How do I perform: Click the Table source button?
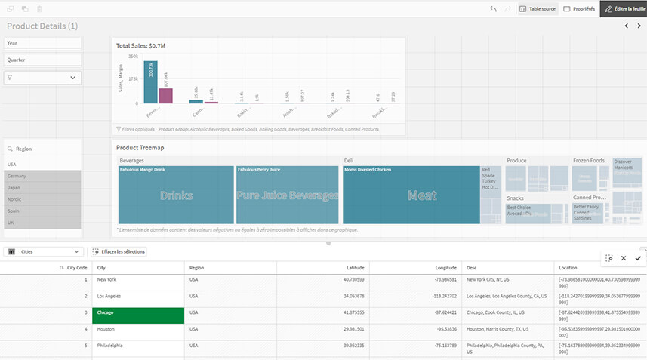537,8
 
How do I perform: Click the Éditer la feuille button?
624,8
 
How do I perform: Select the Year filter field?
43,43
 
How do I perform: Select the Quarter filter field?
43,60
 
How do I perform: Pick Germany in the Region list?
43,175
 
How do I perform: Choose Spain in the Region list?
43,211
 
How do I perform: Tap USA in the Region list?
43,164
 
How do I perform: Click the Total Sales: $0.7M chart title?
140,46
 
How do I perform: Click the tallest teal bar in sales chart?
150,82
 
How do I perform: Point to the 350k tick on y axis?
133,57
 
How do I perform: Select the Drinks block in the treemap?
176,195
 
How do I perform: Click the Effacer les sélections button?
119,251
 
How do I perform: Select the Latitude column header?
355,267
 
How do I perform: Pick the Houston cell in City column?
138,329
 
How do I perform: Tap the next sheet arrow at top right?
638,26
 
